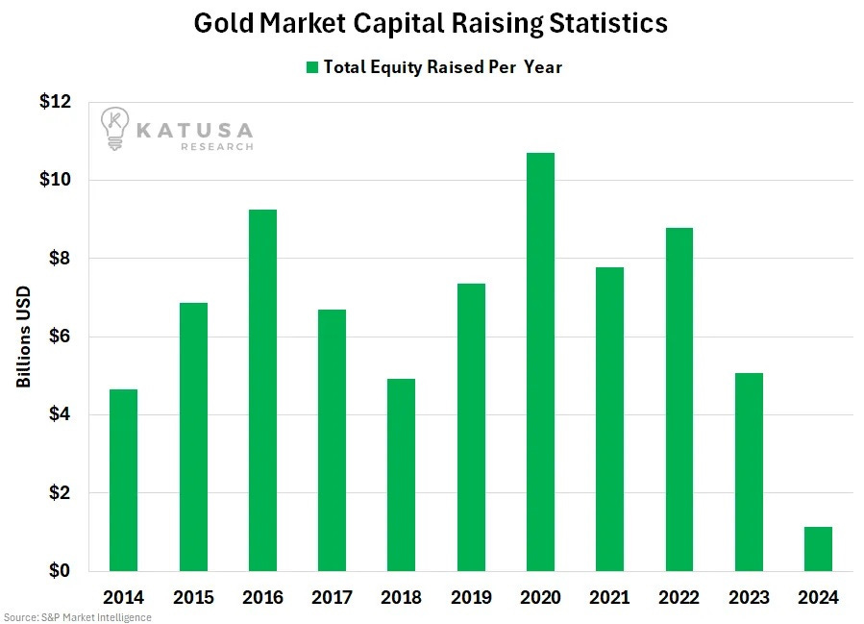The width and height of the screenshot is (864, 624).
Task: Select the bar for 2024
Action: click(818, 549)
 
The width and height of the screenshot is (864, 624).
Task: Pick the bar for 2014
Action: click(123, 480)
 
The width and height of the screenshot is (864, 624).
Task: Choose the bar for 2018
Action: click(401, 475)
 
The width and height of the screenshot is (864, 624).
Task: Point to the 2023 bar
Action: click(749, 472)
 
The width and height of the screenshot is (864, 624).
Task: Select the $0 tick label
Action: click(62, 571)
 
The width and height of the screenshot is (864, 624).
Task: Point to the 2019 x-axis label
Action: click(471, 597)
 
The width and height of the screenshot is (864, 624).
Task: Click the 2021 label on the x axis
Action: click(609, 597)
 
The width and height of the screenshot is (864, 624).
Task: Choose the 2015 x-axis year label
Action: click(193, 597)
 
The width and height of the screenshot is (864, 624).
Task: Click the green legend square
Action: click(311, 67)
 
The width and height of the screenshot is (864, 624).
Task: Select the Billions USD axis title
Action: click(23, 337)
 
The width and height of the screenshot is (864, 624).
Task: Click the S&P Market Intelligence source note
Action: click(77, 616)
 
